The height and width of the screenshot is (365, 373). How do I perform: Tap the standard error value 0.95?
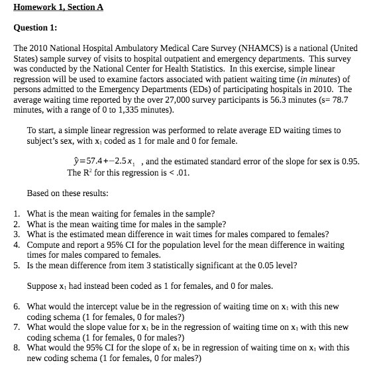pyautogui.click(x=348, y=161)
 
